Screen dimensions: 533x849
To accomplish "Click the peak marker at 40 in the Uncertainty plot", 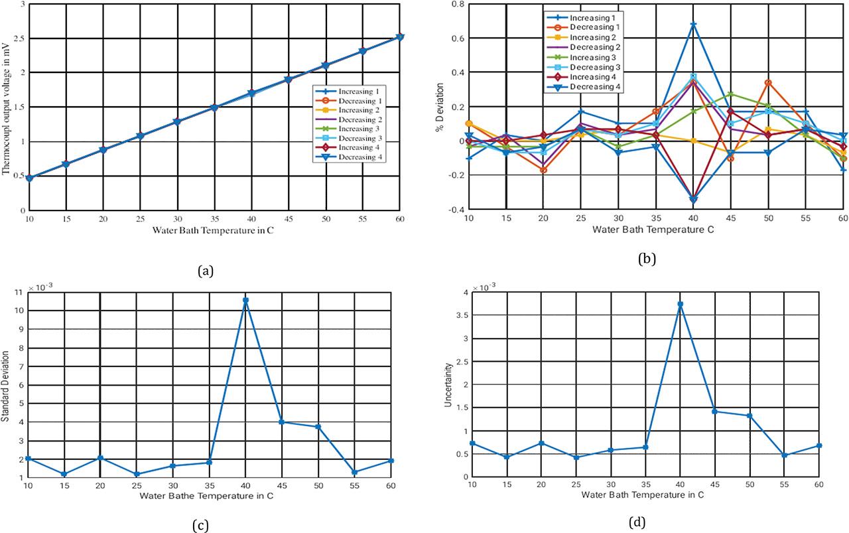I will (x=680, y=304).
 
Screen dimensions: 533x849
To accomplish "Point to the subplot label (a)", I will (x=206, y=270).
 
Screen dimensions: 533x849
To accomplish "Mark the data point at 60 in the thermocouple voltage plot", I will (x=399, y=37).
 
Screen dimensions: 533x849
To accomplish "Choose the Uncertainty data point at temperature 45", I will (x=716, y=412).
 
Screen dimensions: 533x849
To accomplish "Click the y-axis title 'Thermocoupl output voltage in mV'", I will (x=6, y=108).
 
